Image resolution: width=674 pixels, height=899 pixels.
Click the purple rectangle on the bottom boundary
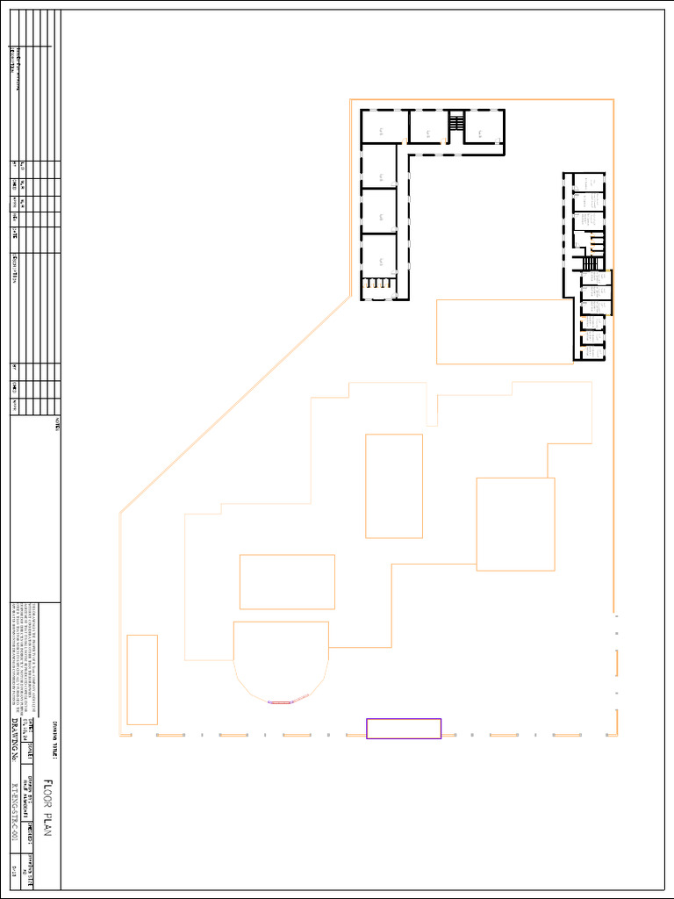click(404, 729)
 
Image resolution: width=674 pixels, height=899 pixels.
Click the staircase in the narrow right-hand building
click(591, 263)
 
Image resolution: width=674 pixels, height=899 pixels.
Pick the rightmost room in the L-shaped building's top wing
click(483, 126)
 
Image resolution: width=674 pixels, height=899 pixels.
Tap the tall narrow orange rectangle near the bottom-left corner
click(142, 680)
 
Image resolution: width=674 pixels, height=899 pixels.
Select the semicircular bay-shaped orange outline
click(281, 658)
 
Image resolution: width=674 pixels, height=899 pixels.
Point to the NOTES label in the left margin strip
click(57, 422)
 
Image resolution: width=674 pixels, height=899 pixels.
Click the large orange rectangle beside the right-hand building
click(505, 331)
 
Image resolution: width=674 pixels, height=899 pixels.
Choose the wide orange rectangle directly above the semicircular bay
click(287, 581)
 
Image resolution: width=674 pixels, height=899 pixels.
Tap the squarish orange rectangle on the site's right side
click(515, 524)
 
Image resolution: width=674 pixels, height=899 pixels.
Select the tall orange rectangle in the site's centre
click(394, 485)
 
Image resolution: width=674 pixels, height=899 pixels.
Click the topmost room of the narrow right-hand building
click(590, 183)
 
